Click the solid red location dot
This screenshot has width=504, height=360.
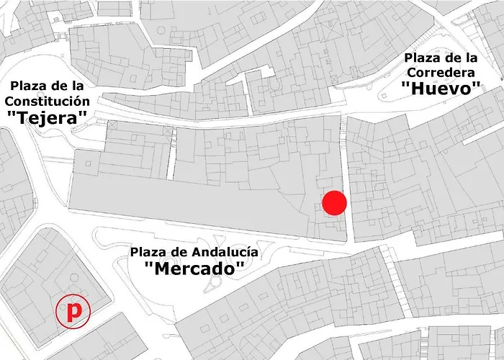click(335, 203)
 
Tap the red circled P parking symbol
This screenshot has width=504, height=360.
click(73, 312)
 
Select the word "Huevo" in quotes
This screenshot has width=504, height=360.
click(441, 89)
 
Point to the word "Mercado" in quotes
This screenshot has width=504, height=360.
click(194, 269)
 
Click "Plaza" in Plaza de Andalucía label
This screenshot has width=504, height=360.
click(149, 252)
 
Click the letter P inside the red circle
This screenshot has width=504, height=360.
click(73, 312)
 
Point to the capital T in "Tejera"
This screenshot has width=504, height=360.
click(22, 117)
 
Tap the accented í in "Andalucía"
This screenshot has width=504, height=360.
click(248, 251)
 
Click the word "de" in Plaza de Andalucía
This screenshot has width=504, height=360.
click(179, 252)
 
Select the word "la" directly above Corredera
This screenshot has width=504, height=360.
click(468, 57)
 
